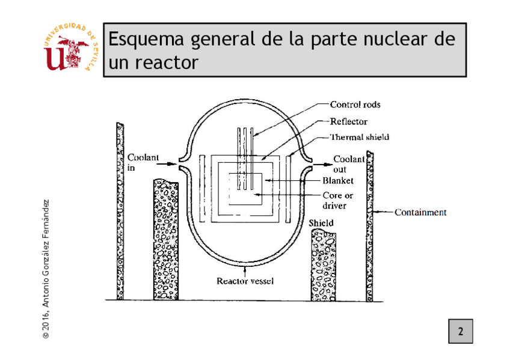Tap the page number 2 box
460,331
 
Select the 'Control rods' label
355,105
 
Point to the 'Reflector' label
348,121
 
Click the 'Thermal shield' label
359,137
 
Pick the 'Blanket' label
337,180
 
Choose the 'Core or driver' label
337,201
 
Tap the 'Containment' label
420,212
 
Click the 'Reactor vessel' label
245,281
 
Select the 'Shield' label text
321,224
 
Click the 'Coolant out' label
349,164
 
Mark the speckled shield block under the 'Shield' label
324,264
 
